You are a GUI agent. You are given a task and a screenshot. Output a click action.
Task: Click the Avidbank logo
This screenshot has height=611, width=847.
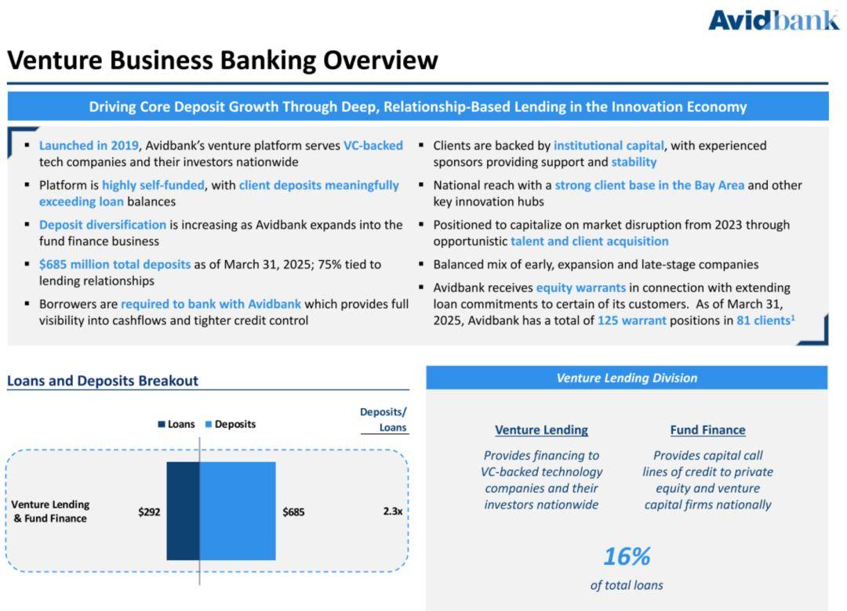tap(773, 20)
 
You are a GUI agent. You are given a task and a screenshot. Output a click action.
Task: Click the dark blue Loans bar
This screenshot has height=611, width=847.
tap(183, 511)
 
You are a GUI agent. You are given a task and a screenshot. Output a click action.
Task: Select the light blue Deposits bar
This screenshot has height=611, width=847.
tap(238, 511)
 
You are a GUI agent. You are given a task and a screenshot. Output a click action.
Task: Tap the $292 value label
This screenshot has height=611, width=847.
tap(149, 512)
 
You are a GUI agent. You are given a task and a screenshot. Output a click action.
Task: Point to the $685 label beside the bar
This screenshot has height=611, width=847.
tap(293, 512)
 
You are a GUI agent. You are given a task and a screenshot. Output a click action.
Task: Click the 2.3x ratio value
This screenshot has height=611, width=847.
tap(393, 512)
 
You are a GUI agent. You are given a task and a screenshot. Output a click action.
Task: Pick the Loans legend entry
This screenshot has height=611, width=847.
tap(176, 425)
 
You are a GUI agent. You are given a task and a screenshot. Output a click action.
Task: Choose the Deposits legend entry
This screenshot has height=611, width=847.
tap(231, 425)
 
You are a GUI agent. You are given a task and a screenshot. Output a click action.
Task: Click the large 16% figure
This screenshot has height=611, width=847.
tap(627, 556)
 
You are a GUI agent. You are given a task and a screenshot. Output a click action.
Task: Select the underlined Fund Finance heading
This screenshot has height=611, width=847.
tap(707, 430)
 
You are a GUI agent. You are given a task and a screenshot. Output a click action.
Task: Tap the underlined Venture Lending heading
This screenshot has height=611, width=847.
tap(541, 430)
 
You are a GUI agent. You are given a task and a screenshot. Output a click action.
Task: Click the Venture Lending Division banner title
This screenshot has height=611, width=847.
tap(627, 378)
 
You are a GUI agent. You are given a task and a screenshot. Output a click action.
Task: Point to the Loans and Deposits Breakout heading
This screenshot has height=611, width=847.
tap(103, 381)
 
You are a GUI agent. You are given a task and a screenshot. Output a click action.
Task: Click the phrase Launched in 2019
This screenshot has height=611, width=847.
tap(89, 145)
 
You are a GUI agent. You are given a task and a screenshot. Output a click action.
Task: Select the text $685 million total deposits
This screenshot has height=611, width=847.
tap(115, 265)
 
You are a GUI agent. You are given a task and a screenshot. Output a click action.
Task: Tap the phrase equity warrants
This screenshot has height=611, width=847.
tap(580, 287)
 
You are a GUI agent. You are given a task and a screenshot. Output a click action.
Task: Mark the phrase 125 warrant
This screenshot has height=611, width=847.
tap(631, 320)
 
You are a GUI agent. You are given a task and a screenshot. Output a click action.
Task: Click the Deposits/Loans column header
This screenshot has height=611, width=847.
tap(384, 420)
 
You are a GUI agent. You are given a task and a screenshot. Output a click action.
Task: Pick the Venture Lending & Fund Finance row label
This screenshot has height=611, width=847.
tap(50, 512)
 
